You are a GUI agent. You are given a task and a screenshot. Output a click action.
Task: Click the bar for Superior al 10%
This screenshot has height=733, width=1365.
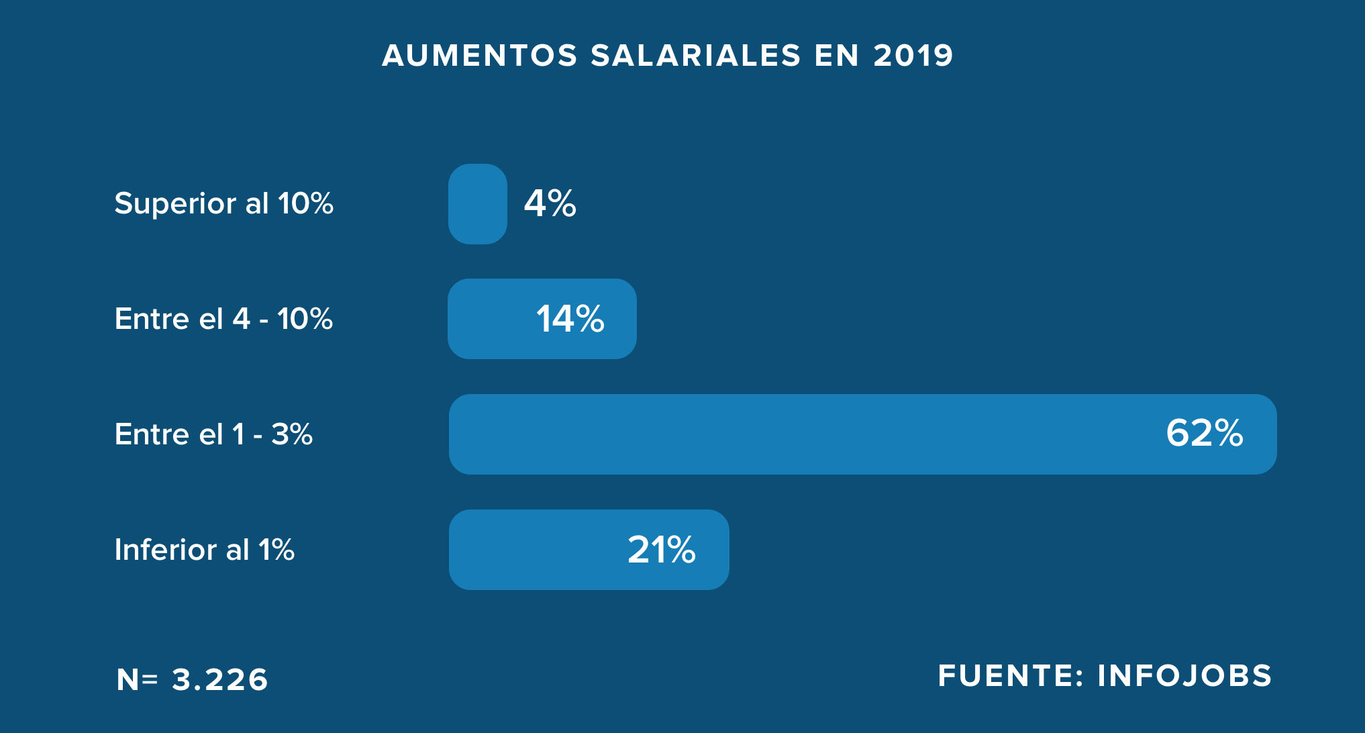[477, 204]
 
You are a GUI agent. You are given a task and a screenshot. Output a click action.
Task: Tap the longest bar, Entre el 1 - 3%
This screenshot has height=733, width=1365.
[805, 434]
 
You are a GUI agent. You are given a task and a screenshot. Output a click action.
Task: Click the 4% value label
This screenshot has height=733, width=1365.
[550, 203]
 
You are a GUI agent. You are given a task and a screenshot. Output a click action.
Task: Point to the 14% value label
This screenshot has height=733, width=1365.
[570, 319]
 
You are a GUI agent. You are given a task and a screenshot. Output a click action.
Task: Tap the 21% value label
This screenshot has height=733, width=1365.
[661, 550]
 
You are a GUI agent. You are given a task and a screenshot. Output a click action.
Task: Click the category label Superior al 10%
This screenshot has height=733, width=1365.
[223, 203]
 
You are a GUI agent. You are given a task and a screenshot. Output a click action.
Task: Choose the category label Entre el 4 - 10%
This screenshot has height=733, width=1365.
[223, 319]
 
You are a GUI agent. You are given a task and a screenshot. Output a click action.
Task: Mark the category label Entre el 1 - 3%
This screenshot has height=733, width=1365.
[213, 434]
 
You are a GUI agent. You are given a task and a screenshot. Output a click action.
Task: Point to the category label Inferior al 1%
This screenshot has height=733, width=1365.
[204, 550]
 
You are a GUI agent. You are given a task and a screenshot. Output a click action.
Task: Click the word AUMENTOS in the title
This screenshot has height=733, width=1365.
[480, 56]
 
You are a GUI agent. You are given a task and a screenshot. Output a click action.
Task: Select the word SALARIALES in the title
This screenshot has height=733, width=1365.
[696, 56]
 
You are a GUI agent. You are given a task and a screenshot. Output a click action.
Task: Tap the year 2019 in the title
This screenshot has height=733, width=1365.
[913, 56]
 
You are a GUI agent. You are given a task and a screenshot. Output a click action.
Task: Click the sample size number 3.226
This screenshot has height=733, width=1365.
[220, 679]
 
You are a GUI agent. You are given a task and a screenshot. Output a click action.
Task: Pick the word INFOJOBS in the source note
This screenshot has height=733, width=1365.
[1184, 676]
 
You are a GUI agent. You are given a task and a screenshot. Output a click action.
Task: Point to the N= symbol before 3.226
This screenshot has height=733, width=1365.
[137, 679]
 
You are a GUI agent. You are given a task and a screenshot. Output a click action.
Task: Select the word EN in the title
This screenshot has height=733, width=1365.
[837, 56]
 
